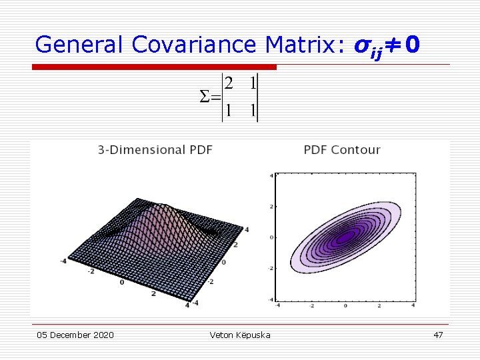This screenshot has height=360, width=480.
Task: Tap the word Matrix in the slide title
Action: click(304, 45)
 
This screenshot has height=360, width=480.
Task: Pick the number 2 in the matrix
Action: click(229, 84)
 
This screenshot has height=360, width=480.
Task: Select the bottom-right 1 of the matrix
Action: click(252, 111)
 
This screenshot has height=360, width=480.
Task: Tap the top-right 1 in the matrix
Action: click(252, 84)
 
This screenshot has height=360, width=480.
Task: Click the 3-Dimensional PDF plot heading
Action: click(155, 150)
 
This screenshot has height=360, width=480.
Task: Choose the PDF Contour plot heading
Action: click(342, 150)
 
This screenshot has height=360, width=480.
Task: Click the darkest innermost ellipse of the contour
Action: click(345, 237)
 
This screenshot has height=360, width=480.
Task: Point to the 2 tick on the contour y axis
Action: click(271, 206)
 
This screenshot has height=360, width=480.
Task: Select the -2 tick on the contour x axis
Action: click(311, 305)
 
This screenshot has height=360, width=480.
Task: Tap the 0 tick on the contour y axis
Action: click(271, 237)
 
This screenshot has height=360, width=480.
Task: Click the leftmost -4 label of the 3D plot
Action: click(64, 260)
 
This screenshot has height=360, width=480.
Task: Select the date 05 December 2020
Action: click(75, 335)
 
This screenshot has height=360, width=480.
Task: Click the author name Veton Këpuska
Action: click(240, 335)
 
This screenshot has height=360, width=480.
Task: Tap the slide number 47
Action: click(438, 335)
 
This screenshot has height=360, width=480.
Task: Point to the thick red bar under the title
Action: click(155, 67)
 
